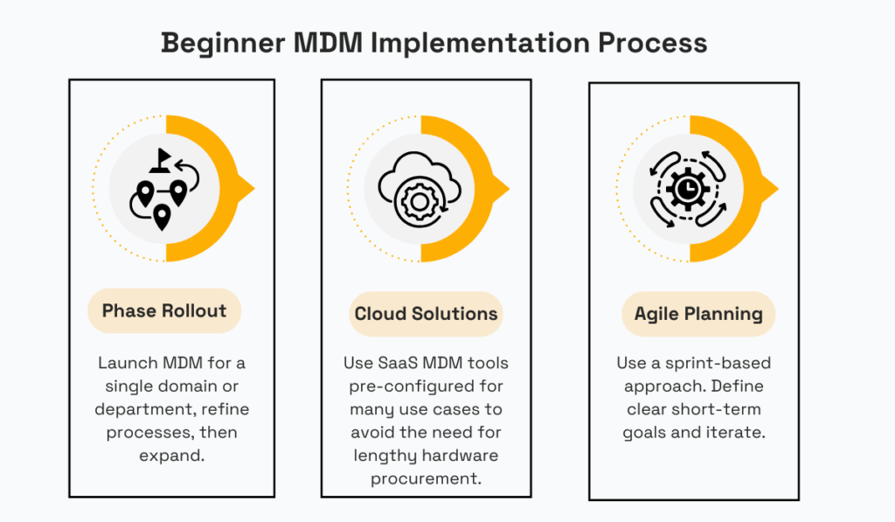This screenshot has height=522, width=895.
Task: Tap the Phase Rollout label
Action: point(164,310)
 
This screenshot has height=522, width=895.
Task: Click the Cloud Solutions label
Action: point(426,314)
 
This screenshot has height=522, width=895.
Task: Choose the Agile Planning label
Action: point(698,314)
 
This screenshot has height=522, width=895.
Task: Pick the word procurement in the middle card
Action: point(426,478)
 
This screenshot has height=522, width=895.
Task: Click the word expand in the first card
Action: point(164,456)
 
